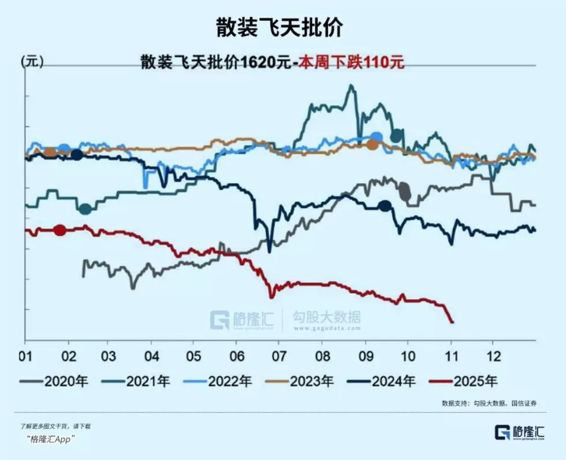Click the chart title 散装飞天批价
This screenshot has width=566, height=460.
click(283, 27)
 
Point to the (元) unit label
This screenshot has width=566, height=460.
click(32, 61)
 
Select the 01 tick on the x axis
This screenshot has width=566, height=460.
click(25, 354)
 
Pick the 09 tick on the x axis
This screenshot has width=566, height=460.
click(365, 354)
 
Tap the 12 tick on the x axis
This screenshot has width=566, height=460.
click(492, 354)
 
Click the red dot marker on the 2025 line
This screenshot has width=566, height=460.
click(59, 230)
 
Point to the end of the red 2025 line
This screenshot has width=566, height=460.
click(452, 322)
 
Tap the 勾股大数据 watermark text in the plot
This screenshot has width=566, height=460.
click(326, 317)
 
